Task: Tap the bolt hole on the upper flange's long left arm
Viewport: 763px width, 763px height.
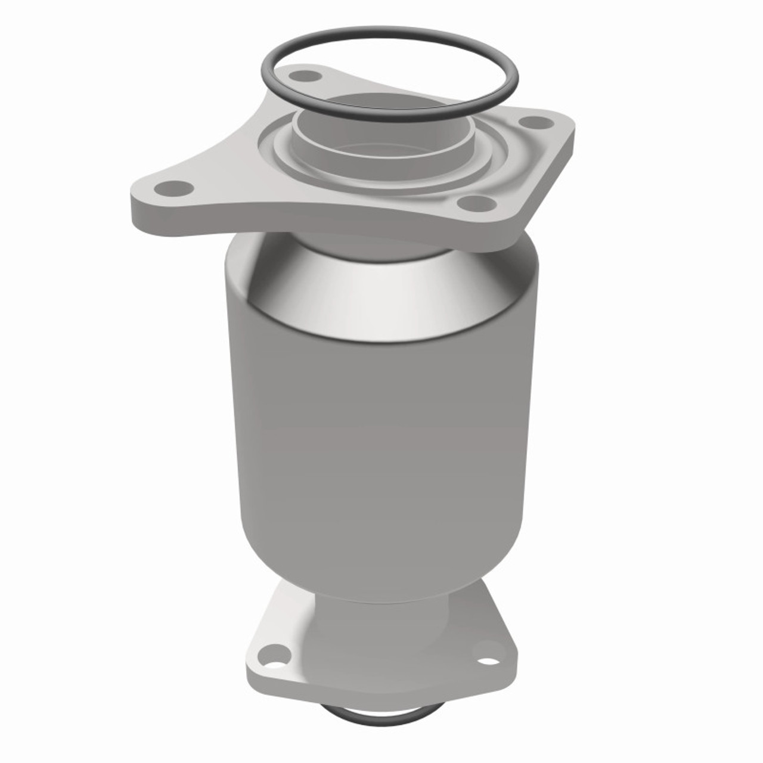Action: click(x=173, y=189)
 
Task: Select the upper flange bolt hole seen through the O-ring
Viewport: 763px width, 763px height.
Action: click(x=308, y=76)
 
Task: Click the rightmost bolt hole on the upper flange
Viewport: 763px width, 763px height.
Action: click(x=540, y=122)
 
